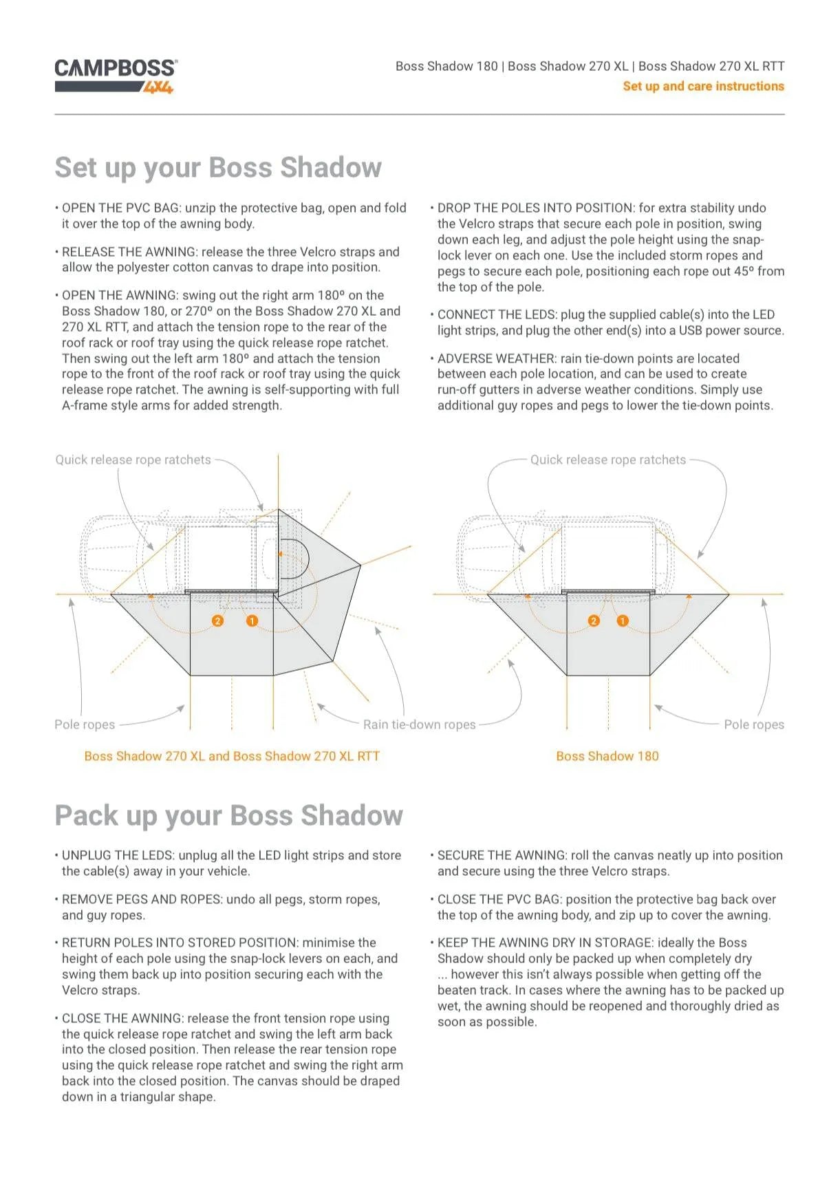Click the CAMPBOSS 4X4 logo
(116, 75)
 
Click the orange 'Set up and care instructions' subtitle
(703, 87)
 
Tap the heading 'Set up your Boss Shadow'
(218, 168)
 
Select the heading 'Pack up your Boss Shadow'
(228, 816)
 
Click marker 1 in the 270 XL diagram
(252, 621)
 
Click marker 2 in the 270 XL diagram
(217, 621)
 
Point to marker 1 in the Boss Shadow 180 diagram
(623, 621)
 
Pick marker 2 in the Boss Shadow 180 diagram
(594, 621)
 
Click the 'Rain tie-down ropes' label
(419, 724)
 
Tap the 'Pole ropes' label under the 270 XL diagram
(85, 724)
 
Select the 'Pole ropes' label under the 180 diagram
(753, 724)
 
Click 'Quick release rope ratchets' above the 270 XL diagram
(133, 460)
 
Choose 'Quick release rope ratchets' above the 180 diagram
(607, 460)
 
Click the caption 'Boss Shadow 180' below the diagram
(607, 756)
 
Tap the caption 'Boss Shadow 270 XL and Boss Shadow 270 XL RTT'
(232, 756)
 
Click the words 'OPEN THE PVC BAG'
(121, 208)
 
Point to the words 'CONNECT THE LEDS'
(496, 314)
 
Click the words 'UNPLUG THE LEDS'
(118, 855)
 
